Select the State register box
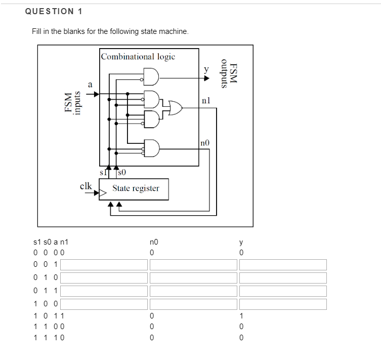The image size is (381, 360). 135,188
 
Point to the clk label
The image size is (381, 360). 86,186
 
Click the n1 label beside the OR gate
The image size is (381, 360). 205,100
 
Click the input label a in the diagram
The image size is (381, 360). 90,85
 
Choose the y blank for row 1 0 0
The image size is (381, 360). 283,304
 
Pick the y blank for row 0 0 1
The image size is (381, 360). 283,265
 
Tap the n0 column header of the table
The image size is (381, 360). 154,242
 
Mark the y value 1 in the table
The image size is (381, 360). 242,316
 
